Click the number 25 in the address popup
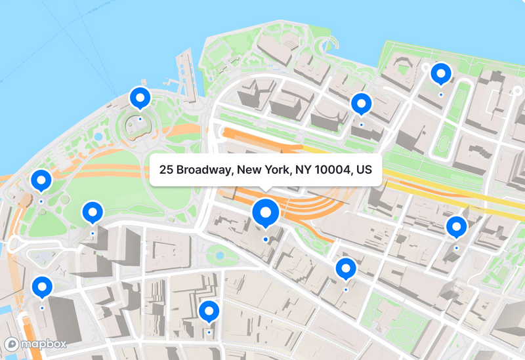pos(166,170)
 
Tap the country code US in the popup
pos(364,170)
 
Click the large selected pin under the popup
pos(266,212)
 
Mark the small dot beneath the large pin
pos(266,240)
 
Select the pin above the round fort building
pos(140,98)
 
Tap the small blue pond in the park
pos(98,137)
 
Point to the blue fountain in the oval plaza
pos(220,255)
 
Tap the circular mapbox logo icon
pos(12,344)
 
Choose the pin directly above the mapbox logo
pos(43,287)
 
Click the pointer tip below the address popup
pos(266,190)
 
